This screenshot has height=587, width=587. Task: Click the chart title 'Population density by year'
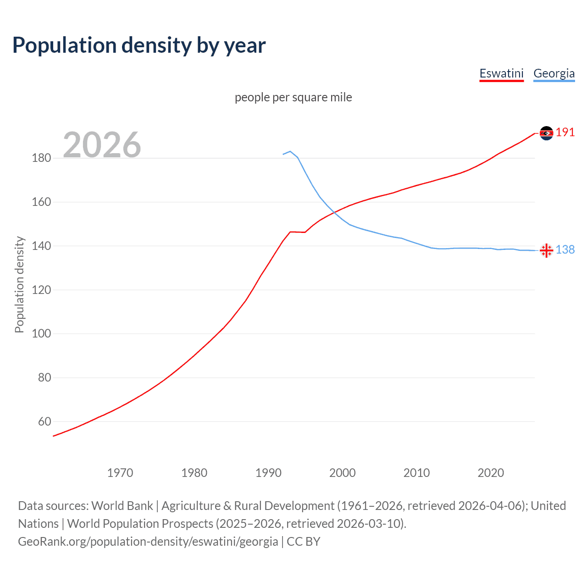pos(139,45)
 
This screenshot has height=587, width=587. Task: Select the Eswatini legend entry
pos(501,73)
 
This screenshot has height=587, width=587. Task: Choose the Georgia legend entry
pos(554,73)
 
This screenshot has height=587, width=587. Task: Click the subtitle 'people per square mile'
pos(293,97)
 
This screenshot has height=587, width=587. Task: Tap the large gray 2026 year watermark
pos(102,145)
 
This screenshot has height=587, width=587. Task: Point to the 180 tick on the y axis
pos(41,158)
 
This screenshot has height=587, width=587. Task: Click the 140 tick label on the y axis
pos(41,246)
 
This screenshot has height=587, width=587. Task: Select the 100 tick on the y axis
pos(41,333)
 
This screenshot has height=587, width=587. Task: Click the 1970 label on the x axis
pos(120,473)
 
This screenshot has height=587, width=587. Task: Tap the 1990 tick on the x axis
pos(268,473)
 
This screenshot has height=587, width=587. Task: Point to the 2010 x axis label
pos(416,473)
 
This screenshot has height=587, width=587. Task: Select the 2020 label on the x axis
pos(491,473)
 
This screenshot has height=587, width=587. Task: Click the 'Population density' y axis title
pos(19,284)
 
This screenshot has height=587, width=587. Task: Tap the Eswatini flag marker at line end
pos(546,133)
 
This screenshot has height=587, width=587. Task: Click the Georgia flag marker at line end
pos(546,250)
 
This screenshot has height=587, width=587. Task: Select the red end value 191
pos(565,133)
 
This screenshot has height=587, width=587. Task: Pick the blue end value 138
pos(565,249)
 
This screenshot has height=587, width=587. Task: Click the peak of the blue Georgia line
pos(290,151)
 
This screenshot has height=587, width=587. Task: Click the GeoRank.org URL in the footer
pos(148,542)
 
